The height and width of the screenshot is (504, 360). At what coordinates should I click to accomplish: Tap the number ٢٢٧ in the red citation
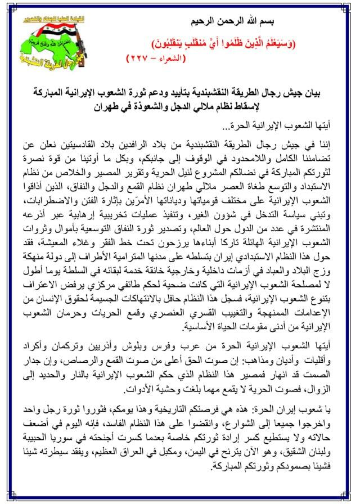coord(142,57)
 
